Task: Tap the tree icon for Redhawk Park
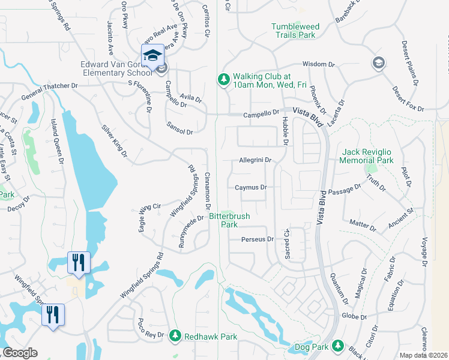coord(175,334)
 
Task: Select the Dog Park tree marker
coord(338,346)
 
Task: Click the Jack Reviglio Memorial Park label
coord(366,157)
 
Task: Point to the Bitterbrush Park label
coord(229,220)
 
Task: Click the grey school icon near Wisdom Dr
coord(378,62)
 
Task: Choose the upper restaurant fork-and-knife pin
coord(79,262)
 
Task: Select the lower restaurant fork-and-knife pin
coord(53,314)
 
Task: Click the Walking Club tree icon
coord(223,80)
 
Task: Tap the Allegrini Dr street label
coord(256,161)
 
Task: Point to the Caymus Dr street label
coord(250,188)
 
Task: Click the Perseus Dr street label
coord(257,239)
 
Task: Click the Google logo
coord(20,353)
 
